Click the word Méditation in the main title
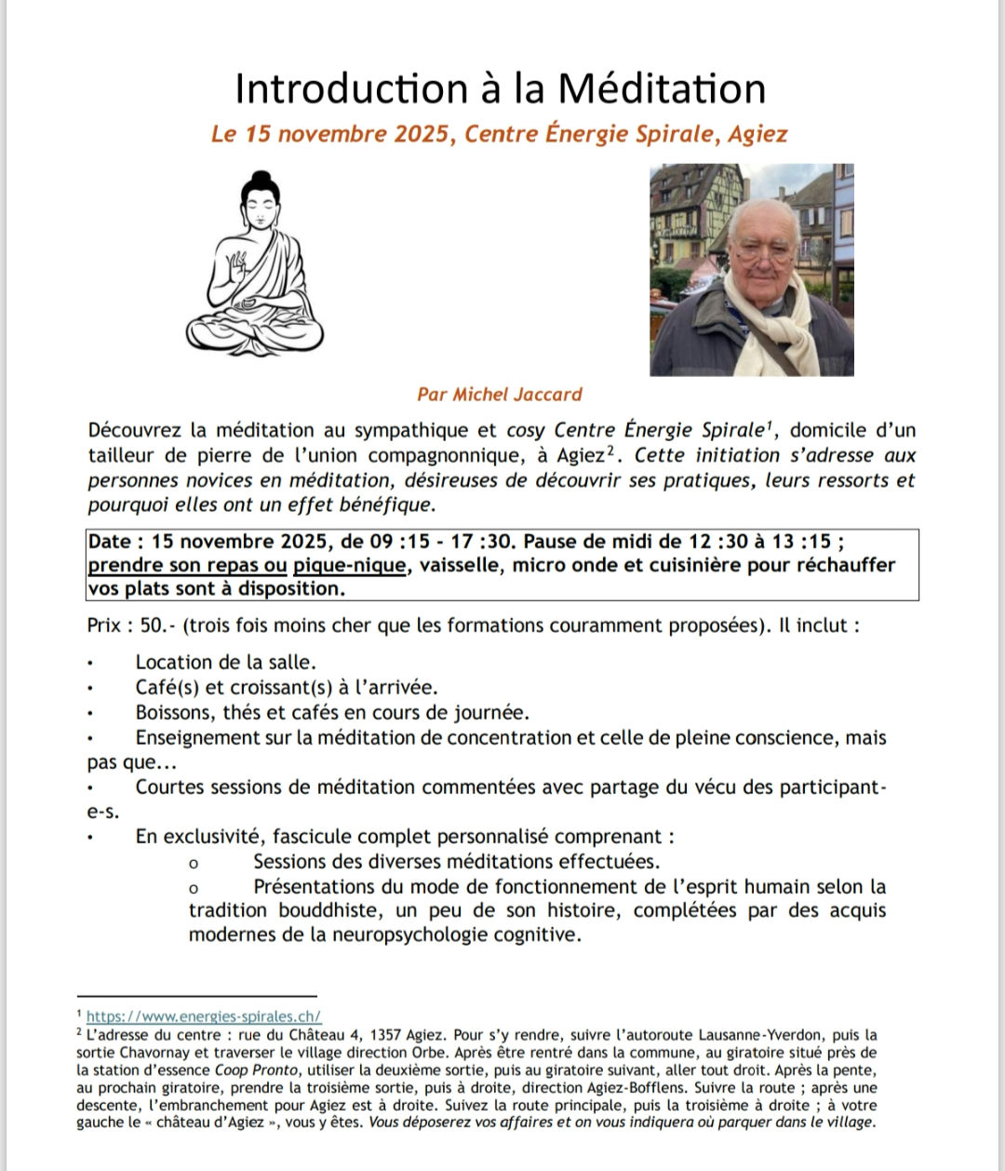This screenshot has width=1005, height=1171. (x=662, y=89)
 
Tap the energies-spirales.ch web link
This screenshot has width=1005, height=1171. (x=204, y=1017)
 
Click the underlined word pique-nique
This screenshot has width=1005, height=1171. (x=350, y=565)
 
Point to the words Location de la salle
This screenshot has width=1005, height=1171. (x=226, y=663)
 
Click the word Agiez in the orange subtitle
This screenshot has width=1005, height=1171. (x=757, y=134)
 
